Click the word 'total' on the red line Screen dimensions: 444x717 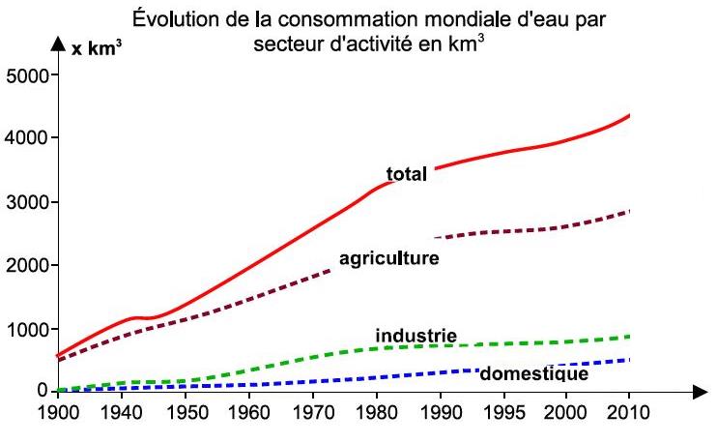407,174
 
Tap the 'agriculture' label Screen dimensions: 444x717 388,259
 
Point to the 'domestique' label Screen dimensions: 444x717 533,373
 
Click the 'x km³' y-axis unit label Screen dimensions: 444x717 93,47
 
